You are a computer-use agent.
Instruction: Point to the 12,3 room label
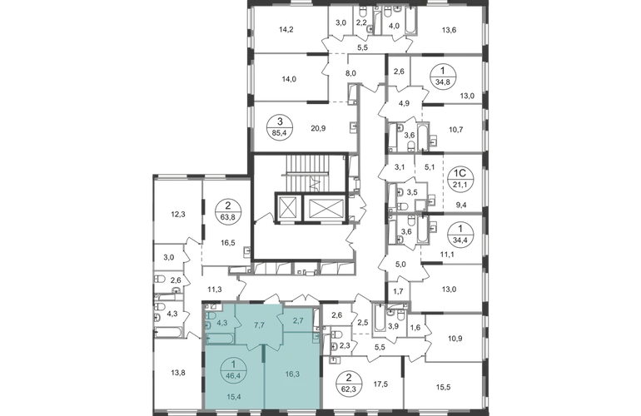pos(176,213)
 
